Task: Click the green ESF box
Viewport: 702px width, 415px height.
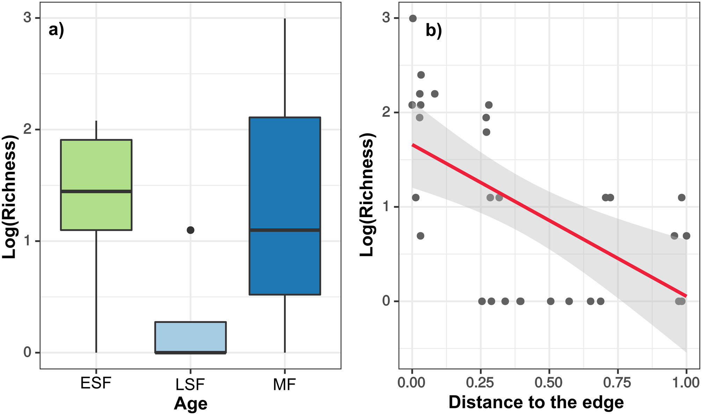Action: (96, 164)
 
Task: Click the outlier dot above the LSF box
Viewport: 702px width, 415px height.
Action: (190, 230)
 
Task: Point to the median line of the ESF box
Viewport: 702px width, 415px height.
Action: (96, 191)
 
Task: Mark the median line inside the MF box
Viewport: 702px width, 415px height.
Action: (285, 230)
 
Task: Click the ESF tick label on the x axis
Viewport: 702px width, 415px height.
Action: (96, 383)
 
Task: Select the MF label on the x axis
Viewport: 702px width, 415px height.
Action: (284, 385)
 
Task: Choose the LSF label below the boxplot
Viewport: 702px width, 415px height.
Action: (190, 385)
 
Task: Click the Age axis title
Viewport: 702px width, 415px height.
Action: (191, 403)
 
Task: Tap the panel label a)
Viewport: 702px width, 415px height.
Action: (56, 30)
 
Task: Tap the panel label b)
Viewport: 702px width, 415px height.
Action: (434, 31)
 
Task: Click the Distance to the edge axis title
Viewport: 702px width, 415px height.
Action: (536, 402)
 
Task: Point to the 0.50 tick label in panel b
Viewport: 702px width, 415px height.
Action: (549, 383)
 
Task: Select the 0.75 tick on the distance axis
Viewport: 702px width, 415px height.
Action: (617, 383)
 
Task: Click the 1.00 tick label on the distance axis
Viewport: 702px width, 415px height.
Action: (686, 383)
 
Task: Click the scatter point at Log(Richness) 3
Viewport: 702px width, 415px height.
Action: (413, 19)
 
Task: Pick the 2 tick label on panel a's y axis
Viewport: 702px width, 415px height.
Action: (27, 129)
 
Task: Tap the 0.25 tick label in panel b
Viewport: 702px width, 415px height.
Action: (480, 383)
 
